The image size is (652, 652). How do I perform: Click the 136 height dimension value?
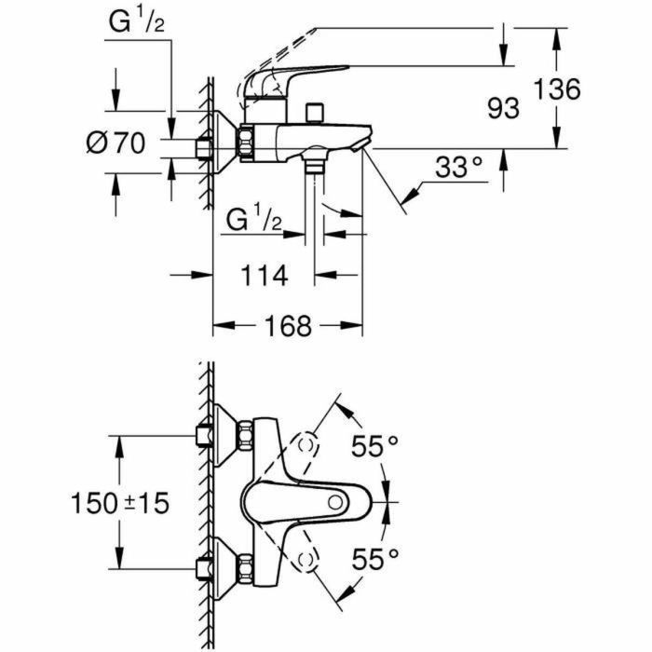[558, 90]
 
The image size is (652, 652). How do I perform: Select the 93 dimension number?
[503, 109]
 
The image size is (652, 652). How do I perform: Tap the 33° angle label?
[460, 168]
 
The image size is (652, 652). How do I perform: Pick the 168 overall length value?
[284, 326]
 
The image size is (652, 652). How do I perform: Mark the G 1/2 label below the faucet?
[254, 223]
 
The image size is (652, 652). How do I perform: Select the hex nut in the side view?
[247, 143]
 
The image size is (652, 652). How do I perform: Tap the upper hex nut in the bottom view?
[246, 436]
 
